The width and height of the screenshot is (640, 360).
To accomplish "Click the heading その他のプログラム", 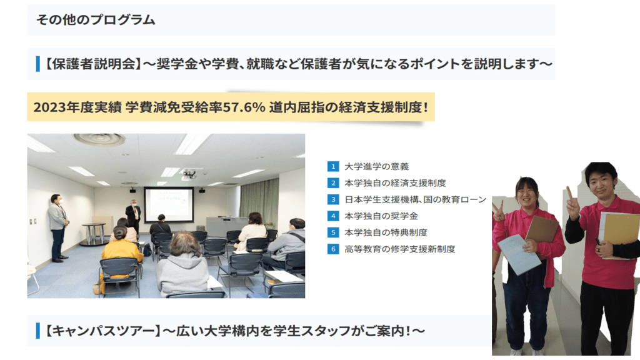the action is (x=96, y=19).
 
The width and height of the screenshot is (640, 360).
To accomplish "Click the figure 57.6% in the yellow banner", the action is (x=243, y=107).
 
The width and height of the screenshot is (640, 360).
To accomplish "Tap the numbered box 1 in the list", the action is (x=333, y=166).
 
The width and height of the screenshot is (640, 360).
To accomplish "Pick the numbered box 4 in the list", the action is (x=333, y=216).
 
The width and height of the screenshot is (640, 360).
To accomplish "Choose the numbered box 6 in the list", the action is (x=333, y=249).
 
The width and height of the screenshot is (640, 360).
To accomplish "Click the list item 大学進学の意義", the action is (x=376, y=166).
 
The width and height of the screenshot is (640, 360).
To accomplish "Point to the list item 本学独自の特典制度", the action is (x=386, y=232).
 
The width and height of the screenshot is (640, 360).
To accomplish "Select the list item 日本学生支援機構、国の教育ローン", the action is (x=416, y=199).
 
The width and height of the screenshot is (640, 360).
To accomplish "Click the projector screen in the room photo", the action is (x=169, y=204).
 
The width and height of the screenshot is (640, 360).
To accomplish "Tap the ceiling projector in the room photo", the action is (x=189, y=174).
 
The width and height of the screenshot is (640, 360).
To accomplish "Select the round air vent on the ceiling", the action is (x=99, y=139).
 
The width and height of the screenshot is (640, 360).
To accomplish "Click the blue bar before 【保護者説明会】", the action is (x=38, y=64).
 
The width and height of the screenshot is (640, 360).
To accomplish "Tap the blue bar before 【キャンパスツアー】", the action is (x=38, y=331).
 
